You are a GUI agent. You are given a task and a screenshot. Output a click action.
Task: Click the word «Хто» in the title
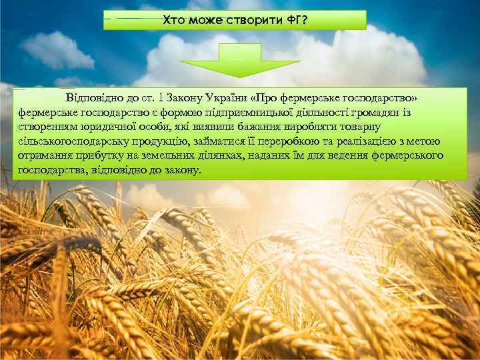(x=174, y=20)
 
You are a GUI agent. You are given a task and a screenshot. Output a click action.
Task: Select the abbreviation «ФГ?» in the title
(x=295, y=20)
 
